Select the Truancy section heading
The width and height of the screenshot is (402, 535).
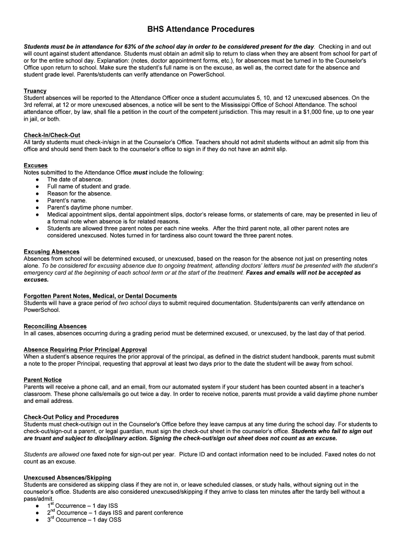[x=35, y=91]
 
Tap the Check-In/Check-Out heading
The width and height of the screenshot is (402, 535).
[x=52, y=135]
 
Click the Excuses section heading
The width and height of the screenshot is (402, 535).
[x=36, y=166]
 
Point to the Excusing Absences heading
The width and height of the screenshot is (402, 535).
[x=52, y=252]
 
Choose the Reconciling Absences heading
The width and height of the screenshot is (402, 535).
[x=55, y=327]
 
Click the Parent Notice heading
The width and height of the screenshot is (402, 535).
[x=43, y=380]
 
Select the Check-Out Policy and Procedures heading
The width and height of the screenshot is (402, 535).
[x=71, y=417]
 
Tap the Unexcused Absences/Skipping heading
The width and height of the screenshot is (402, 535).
[x=67, y=478]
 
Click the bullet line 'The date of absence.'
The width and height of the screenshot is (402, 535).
[x=75, y=179]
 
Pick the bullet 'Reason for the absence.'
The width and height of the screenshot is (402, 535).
[x=79, y=193]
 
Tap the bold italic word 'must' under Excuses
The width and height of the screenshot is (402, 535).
[x=140, y=172]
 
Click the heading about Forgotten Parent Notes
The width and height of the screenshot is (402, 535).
[x=100, y=296]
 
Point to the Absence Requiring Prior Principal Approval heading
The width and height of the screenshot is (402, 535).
[x=85, y=350]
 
